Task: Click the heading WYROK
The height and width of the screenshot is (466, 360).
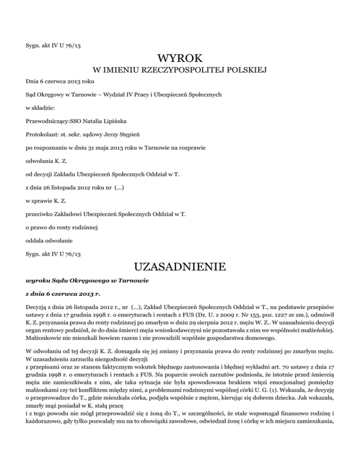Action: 180,59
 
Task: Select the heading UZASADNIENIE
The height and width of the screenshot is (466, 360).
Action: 180,268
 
